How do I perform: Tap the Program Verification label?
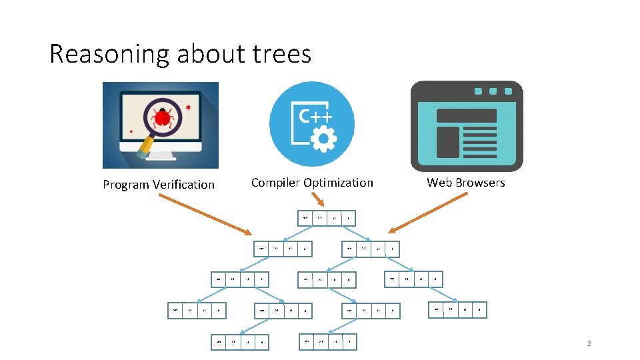(x=159, y=185)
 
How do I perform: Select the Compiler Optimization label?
(x=312, y=183)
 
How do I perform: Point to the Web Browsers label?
(x=466, y=183)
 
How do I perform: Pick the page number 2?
(x=589, y=344)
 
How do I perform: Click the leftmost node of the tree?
(x=197, y=309)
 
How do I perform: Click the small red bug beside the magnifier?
(x=189, y=106)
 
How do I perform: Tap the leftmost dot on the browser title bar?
(x=478, y=91)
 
